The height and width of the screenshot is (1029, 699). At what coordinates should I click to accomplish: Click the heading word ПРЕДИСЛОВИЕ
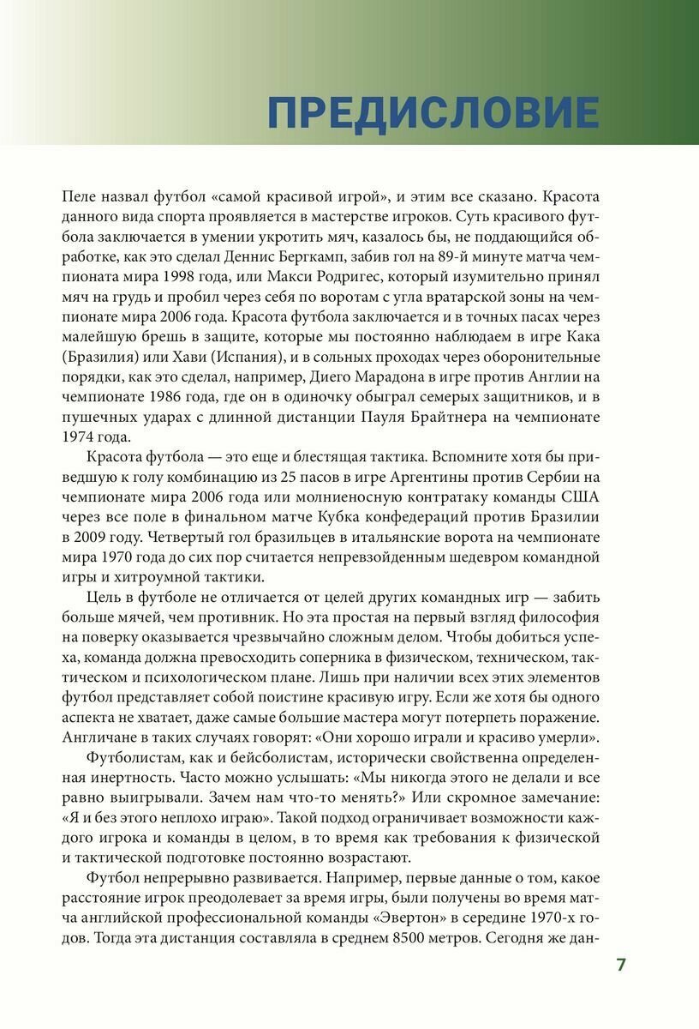(x=433, y=113)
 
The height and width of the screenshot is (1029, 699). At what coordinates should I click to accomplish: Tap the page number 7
(x=621, y=965)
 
